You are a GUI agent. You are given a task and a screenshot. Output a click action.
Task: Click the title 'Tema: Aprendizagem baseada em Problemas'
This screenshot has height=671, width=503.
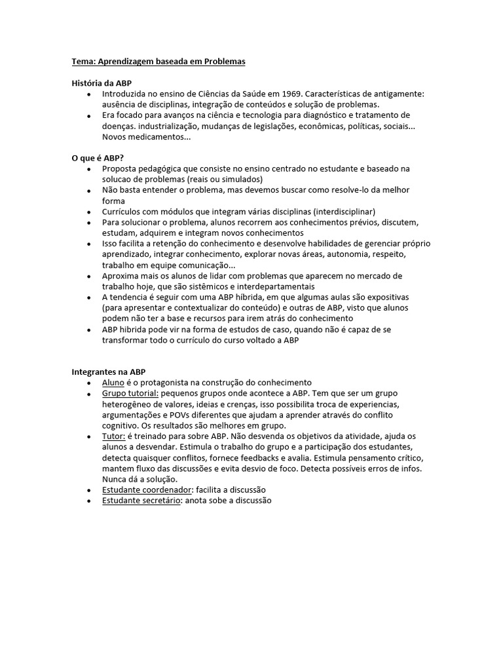click(x=158, y=62)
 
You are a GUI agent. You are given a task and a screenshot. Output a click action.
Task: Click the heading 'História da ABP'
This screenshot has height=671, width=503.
click(x=102, y=83)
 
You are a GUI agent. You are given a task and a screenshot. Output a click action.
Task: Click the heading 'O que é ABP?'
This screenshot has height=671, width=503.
click(x=98, y=158)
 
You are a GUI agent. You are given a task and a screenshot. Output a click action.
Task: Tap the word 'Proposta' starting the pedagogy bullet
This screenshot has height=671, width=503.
click(x=119, y=168)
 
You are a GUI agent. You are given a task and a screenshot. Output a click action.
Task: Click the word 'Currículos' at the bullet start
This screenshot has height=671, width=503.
click(x=121, y=212)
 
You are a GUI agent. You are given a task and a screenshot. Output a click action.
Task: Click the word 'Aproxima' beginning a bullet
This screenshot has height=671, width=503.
click(x=120, y=276)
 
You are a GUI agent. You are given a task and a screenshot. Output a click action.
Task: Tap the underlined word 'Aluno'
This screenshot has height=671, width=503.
click(x=113, y=383)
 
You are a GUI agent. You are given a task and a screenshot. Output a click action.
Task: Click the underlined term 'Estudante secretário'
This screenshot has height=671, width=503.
click(x=141, y=501)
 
